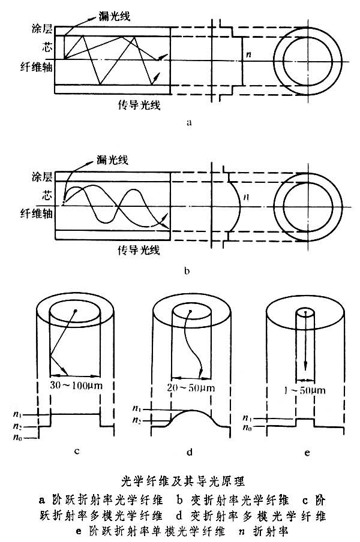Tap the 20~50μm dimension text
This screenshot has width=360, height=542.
pyautogui.click(x=190, y=387)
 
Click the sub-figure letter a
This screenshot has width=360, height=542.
pyautogui.click(x=190, y=122)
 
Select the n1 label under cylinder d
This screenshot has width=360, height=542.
pyautogui.click(x=137, y=409)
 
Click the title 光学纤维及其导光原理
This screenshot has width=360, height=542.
pyautogui.click(x=180, y=481)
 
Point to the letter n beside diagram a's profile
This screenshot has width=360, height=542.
pyautogui.click(x=248, y=56)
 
